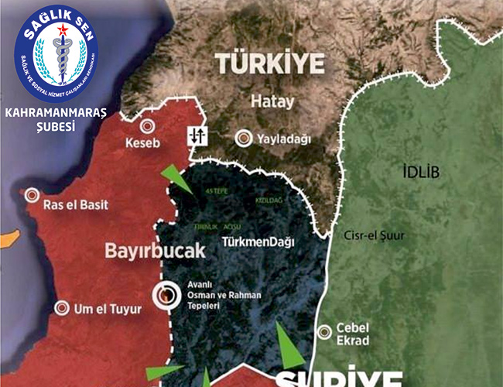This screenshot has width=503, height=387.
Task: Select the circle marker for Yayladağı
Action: click(x=243, y=139)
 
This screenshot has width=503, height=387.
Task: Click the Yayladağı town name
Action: click(x=284, y=139)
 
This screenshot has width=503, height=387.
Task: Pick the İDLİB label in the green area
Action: click(x=421, y=172)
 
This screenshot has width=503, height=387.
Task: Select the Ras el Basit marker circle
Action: click(x=32, y=196)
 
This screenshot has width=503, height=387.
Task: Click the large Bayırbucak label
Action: click(x=155, y=252)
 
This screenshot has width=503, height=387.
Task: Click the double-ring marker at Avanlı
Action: click(x=165, y=294)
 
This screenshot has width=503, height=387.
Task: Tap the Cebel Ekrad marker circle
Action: click(x=326, y=332)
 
